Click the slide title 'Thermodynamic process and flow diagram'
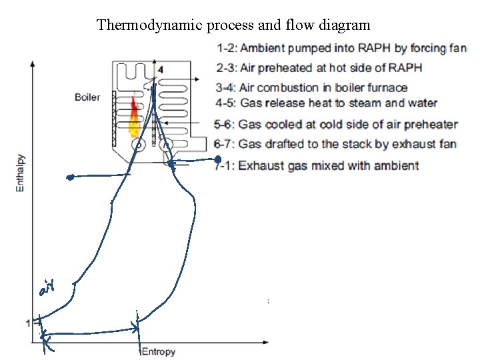[x=233, y=26]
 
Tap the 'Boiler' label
[x=87, y=97]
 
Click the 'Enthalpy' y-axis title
[x=20, y=171]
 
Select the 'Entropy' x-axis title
[x=158, y=351]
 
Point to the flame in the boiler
[x=134, y=117]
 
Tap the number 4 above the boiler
[x=160, y=69]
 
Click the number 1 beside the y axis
[x=28, y=323]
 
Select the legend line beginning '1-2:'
[x=341, y=48]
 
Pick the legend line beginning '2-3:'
[x=319, y=68]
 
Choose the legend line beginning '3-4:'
[x=311, y=87]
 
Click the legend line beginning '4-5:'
[x=327, y=103]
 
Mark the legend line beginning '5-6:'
[x=337, y=124]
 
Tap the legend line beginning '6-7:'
[x=335, y=144]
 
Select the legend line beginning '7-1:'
[x=317, y=165]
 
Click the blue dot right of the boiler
[x=218, y=159]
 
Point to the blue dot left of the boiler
[x=69, y=177]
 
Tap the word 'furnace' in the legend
[x=384, y=87]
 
